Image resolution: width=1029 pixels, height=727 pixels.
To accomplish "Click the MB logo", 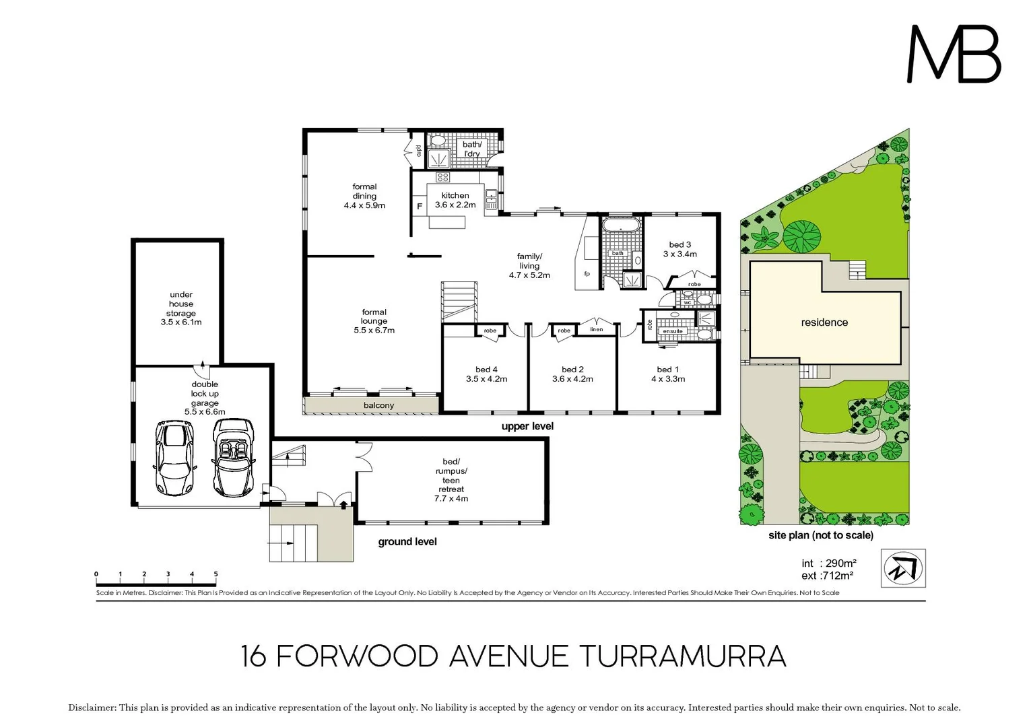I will coord(954,54).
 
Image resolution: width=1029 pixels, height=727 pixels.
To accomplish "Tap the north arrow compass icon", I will coord(903,568).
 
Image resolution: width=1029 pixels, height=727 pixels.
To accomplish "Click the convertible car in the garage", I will coord(234,457).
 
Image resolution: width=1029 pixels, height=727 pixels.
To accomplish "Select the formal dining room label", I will coord(364,196).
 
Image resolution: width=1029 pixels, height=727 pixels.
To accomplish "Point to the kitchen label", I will coord(455,200).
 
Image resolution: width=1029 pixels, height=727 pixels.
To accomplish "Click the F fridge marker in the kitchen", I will coord(420,206).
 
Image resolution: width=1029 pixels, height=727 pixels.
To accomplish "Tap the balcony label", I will coord(378,405).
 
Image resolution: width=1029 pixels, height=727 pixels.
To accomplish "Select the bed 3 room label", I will coord(679,249).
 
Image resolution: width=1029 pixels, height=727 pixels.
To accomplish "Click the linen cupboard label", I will coord(597,329).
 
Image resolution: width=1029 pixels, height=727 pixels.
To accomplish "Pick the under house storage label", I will coord(180,308).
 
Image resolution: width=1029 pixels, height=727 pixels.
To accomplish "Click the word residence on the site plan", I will coord(824,322).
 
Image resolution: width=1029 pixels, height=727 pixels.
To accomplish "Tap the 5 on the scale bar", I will coord(215,574).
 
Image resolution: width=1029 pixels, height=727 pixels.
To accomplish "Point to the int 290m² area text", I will coord(828,563).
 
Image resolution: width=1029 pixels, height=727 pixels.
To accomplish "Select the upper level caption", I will coord(527,426).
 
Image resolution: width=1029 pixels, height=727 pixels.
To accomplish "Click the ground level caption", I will coord(407,542).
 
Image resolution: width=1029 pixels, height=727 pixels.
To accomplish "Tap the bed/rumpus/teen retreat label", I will coord(451,480).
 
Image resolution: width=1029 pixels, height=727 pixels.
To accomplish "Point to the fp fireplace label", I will coord(587,273).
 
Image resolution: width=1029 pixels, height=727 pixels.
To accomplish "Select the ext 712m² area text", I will coord(827,576).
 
